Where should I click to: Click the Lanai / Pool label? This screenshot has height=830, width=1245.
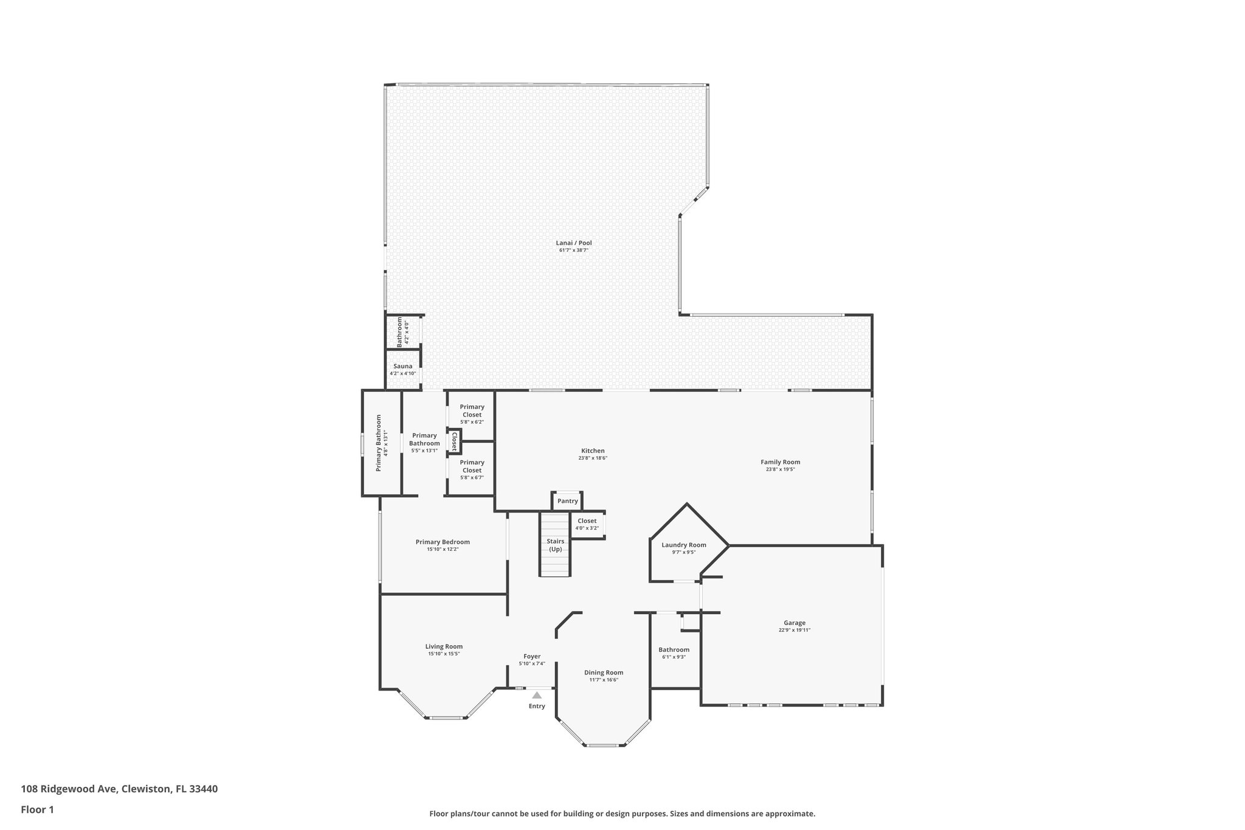(x=573, y=243)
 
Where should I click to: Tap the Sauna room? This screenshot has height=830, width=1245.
(x=402, y=369)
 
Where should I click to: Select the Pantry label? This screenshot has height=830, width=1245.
(x=567, y=501)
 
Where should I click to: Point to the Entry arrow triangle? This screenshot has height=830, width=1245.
(x=537, y=695)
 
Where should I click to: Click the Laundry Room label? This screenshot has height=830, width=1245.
(x=683, y=545)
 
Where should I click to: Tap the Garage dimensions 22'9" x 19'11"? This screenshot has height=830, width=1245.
(x=794, y=631)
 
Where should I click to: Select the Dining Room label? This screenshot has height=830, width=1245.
(x=603, y=673)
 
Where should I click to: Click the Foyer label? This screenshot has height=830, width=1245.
(x=532, y=656)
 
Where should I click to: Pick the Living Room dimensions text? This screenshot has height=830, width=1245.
(x=444, y=654)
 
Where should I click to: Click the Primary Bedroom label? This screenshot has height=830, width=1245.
(x=443, y=542)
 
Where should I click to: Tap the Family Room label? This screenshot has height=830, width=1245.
(x=780, y=462)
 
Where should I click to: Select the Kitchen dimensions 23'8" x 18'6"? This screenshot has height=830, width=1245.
(x=593, y=458)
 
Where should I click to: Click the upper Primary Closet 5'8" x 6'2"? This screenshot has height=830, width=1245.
(x=472, y=414)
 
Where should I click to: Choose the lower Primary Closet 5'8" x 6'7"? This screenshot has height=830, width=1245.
(x=472, y=469)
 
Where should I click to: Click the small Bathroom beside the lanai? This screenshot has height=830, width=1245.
(x=402, y=332)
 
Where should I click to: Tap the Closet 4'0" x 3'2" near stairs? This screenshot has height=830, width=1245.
(x=587, y=524)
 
